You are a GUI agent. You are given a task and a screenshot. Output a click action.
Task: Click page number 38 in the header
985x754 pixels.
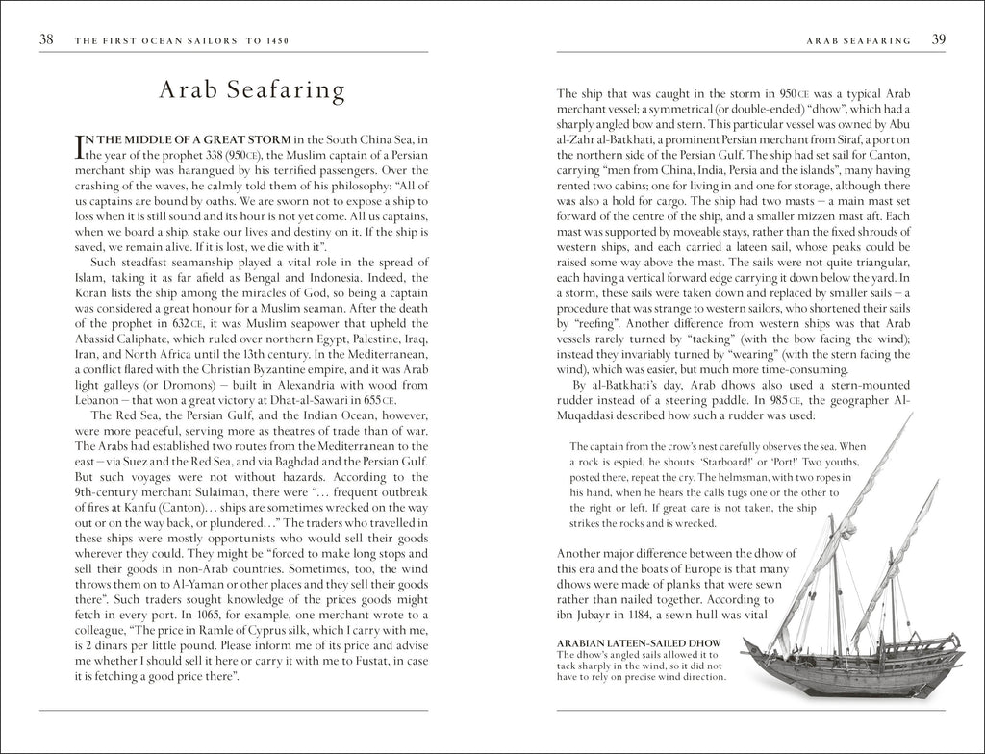tap(46, 40)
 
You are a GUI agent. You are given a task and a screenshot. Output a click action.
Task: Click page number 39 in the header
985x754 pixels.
tap(938, 40)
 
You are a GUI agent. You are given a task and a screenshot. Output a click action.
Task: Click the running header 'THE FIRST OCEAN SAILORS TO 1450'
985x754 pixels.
tap(182, 41)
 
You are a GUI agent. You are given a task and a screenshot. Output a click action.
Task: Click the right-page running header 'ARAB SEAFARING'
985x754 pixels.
tap(860, 41)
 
